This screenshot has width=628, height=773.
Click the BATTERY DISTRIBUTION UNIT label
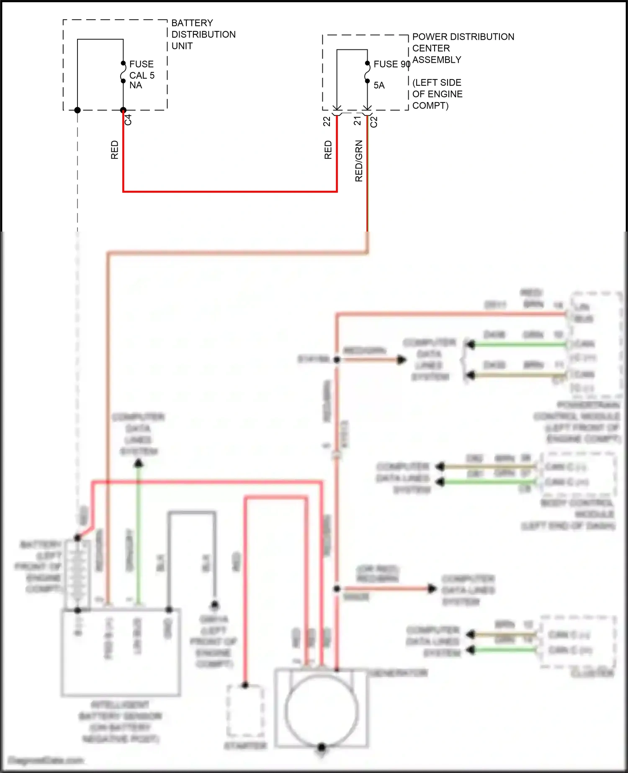point(203,34)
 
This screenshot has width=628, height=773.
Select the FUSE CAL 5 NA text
point(142,75)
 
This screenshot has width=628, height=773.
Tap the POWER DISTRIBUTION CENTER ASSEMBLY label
point(463,48)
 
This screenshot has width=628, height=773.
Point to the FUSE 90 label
point(391,64)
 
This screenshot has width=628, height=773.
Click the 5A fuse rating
point(379,85)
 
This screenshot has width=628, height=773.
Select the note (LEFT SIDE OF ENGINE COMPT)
point(437,94)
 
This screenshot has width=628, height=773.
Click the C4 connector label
point(128,120)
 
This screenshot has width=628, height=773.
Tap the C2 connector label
point(374,122)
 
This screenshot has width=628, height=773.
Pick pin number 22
point(327,121)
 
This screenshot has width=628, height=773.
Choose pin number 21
point(357,121)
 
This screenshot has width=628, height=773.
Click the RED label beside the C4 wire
point(115,150)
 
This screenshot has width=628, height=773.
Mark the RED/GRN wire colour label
point(359,161)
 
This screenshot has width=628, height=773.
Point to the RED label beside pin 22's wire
point(328,150)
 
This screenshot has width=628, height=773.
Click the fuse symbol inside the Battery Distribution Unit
point(123,72)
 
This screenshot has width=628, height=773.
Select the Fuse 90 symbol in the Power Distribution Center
point(367,72)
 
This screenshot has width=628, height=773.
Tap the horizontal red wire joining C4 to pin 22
point(230,191)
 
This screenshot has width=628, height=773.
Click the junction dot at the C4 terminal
point(123,110)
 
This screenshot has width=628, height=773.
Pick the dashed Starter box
point(245,711)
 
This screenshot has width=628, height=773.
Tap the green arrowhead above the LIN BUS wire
point(139,463)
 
